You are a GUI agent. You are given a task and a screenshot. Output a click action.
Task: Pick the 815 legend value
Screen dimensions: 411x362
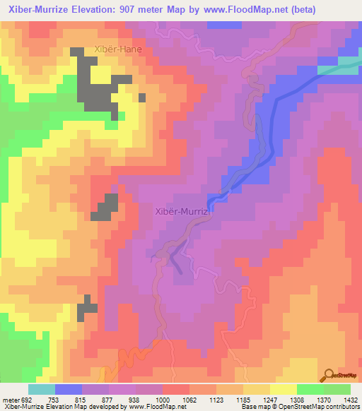82,399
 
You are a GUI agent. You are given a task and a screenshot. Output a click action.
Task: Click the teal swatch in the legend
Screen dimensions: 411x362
42,389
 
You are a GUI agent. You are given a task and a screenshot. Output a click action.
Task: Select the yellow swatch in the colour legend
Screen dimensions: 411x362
283,389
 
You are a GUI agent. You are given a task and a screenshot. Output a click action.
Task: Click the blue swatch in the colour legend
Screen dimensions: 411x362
69,389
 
